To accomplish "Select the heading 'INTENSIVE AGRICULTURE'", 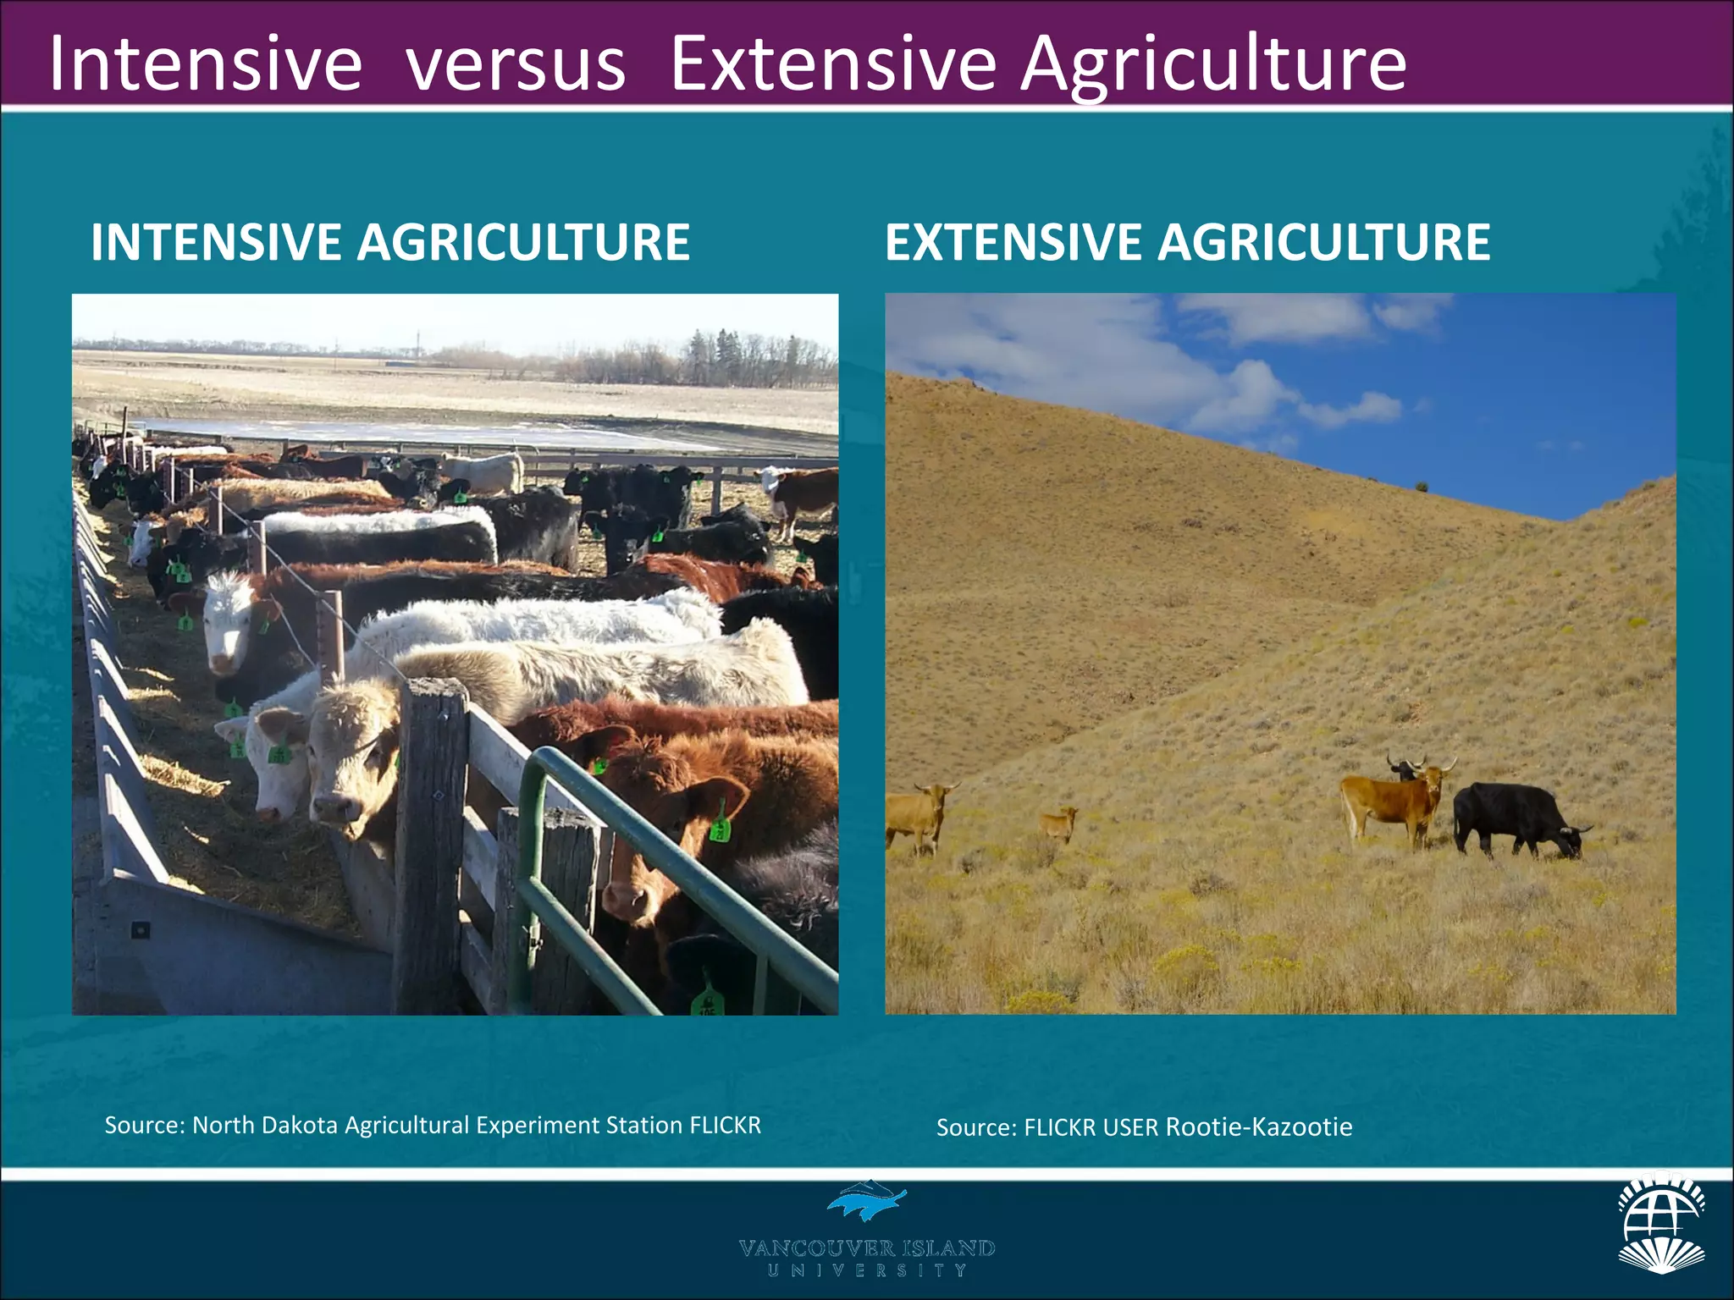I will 390,242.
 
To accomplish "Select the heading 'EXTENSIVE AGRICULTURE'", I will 1187,242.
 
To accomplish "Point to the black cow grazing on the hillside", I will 1516,818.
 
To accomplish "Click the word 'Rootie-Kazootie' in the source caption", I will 1258,1127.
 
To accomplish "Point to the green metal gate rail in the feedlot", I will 669,855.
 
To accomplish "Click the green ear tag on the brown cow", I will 719,828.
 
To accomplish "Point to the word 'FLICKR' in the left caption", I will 725,1125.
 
